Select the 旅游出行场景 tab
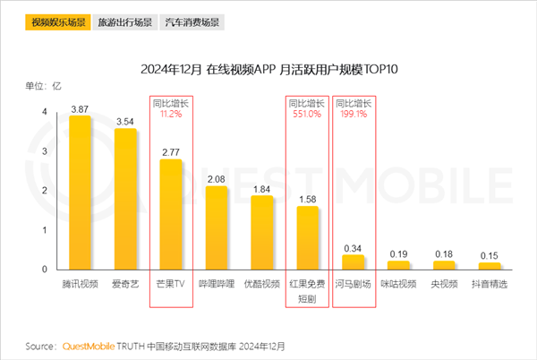(124, 19)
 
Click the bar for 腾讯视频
(81, 193)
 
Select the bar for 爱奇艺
(125, 199)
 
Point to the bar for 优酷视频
(262, 232)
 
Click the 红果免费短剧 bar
(308, 237)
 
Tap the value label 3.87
(81, 108)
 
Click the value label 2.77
(171, 153)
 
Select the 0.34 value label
(354, 248)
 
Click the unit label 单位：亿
(43, 86)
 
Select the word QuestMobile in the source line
(89, 345)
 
